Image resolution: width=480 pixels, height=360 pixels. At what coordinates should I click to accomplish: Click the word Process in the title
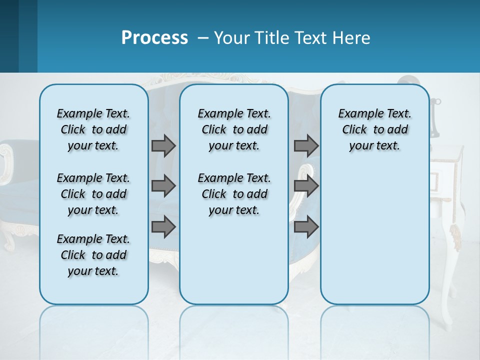(154, 37)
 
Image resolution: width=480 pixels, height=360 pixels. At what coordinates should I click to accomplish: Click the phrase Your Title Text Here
(292, 38)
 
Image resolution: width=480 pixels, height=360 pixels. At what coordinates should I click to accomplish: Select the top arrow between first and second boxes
(163, 145)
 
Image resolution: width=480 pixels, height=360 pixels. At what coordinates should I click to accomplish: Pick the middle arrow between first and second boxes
(163, 186)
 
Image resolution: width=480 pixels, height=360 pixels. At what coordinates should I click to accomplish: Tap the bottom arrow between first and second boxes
(163, 227)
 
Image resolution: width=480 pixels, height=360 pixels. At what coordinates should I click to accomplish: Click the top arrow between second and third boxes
(306, 145)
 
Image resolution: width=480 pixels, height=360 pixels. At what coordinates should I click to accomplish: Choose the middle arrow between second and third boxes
(306, 186)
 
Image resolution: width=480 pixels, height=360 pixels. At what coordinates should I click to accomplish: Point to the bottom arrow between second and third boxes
(306, 227)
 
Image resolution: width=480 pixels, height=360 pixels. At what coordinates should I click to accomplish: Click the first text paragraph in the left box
(93, 129)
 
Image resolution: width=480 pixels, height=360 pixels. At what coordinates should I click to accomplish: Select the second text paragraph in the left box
(93, 194)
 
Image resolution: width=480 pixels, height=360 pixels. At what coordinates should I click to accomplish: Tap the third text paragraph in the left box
(93, 255)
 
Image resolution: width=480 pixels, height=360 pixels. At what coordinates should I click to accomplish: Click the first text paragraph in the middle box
(234, 129)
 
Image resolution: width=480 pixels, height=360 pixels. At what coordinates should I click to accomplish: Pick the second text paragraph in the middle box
(234, 194)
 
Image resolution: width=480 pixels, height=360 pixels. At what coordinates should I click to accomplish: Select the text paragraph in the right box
(374, 129)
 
